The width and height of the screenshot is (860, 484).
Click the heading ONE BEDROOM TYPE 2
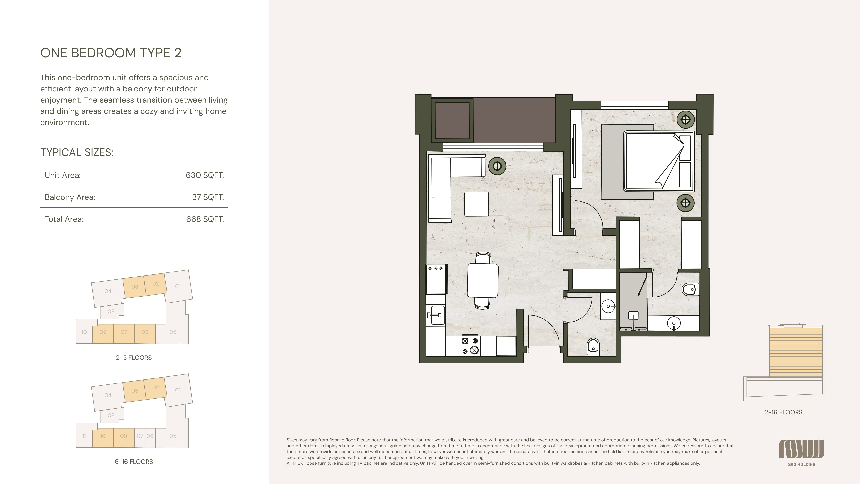pyautogui.click(x=111, y=53)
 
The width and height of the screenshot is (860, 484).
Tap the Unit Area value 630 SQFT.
pyautogui.click(x=205, y=175)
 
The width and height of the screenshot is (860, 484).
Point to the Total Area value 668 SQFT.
pyautogui.click(x=205, y=219)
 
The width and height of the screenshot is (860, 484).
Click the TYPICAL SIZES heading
pyautogui.click(x=77, y=152)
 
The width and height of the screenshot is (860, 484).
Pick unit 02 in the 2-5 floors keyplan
pyautogui.click(x=156, y=284)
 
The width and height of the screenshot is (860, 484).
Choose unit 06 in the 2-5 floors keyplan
pyautogui.click(x=145, y=332)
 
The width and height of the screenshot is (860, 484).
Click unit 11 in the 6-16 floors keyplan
pyautogui.click(x=84, y=436)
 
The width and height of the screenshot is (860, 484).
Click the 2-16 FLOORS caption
pyautogui.click(x=783, y=412)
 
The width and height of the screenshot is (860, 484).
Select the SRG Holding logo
pyautogui.click(x=802, y=453)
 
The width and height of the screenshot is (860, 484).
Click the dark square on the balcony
pyautogui.click(x=452, y=121)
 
